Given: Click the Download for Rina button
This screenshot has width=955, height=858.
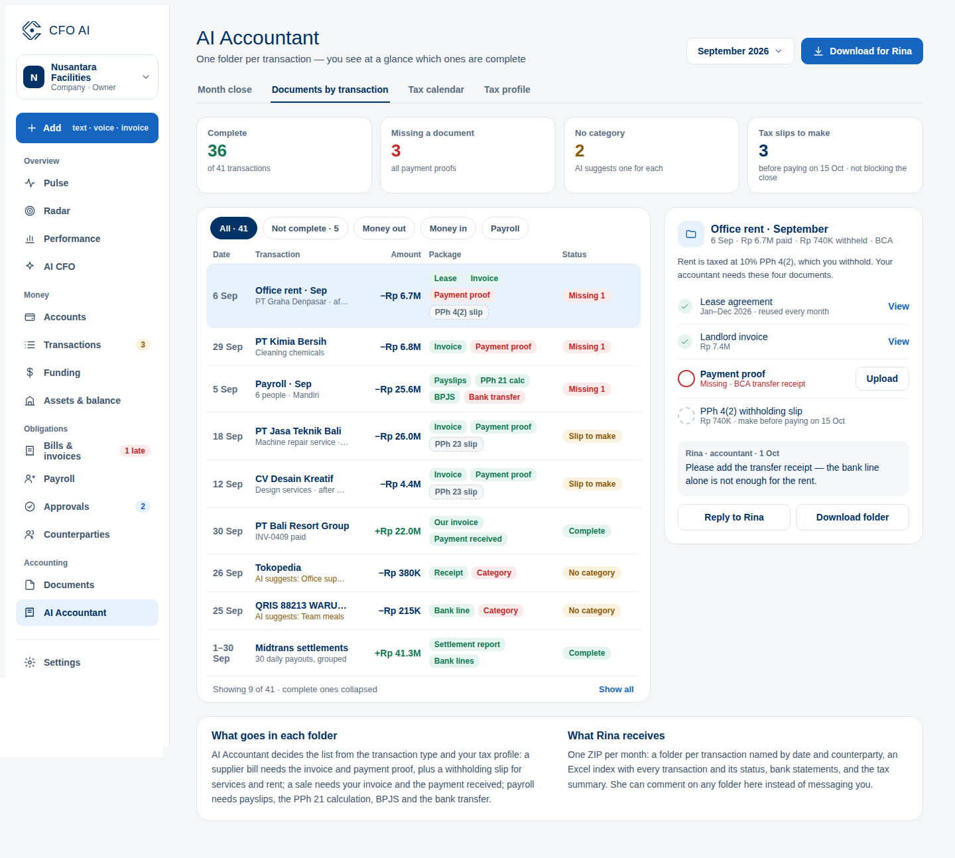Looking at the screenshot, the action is [861, 51].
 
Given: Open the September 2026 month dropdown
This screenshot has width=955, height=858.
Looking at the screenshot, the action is [740, 51].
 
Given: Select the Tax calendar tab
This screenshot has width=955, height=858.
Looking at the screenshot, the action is [436, 90].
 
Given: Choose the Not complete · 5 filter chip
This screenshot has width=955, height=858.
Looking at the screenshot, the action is [305, 228].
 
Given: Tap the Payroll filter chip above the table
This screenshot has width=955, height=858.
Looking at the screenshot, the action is [505, 228].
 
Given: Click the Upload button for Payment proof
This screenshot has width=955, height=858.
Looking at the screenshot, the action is [882, 379].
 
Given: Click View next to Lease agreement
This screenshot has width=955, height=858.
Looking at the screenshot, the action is [899, 306].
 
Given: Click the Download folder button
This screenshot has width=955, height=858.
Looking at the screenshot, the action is [852, 517].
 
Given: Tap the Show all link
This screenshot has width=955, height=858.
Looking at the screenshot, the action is [616, 689].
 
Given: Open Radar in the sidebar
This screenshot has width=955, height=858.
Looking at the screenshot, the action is [56, 211].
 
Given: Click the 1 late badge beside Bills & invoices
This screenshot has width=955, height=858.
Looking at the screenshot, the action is [135, 451].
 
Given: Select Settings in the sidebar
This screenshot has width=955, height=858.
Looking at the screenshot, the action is [62, 662].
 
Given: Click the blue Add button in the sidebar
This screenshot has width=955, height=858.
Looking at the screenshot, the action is [87, 128].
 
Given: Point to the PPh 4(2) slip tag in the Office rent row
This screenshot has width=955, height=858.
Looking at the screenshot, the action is [459, 312].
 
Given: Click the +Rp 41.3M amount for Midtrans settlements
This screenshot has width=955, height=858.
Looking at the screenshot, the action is [397, 653].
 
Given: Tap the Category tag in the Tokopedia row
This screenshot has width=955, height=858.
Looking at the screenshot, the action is [493, 573].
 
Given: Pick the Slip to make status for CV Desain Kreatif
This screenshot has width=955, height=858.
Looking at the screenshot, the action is [592, 483].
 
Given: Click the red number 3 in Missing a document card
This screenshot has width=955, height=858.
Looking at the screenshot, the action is [396, 151].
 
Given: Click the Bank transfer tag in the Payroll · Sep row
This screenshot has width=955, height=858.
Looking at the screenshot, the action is [494, 397].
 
